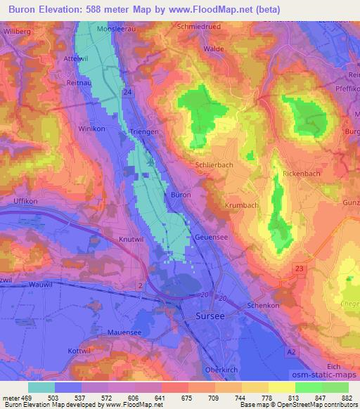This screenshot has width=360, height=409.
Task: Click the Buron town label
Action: click(181, 194)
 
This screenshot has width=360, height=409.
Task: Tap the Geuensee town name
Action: click(213, 238)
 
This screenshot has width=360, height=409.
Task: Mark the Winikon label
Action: click(90, 129)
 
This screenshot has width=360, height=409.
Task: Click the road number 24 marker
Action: click(127, 92)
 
